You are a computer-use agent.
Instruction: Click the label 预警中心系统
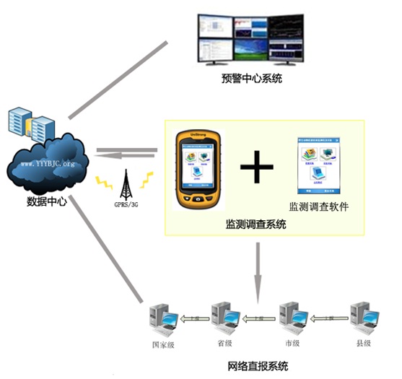[x=250, y=77]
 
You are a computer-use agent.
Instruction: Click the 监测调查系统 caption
[x=255, y=225]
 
